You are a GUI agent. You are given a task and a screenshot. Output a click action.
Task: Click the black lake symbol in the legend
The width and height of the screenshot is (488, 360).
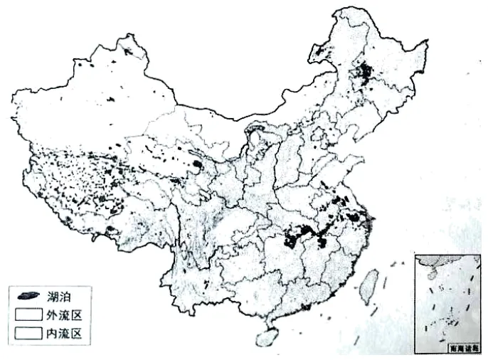(28, 294)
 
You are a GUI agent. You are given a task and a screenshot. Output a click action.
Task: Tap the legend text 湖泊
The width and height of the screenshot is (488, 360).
(60, 294)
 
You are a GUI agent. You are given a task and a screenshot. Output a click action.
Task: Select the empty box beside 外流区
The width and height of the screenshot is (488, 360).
(28, 312)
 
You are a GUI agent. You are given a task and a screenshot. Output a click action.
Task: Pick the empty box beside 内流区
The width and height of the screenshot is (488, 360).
(28, 331)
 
